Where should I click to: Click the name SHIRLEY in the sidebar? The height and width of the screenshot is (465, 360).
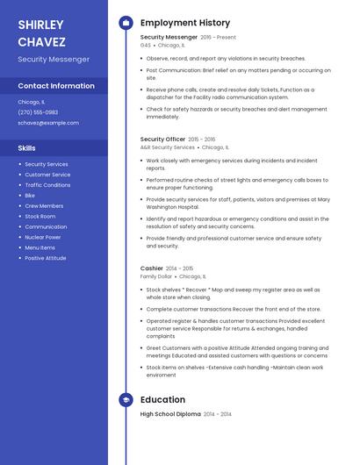[x=40, y=25]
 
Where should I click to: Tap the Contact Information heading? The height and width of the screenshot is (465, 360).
[x=56, y=86]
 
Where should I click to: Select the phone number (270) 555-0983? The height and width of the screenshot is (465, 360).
[x=38, y=112]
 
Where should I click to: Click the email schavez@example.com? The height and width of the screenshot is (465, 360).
[x=48, y=123]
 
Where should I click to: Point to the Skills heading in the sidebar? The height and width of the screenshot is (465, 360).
[x=27, y=148]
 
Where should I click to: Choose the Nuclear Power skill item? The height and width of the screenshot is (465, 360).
[x=43, y=237]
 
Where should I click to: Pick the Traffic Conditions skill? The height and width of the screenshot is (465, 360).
[x=47, y=185]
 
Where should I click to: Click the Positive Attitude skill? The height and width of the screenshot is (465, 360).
[x=46, y=258]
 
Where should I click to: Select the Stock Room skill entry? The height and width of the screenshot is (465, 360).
[x=40, y=216]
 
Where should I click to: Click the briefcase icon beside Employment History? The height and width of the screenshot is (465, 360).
[x=126, y=23]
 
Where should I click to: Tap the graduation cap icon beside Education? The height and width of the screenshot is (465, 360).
[x=126, y=400]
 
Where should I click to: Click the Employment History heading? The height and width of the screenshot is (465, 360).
[x=185, y=23]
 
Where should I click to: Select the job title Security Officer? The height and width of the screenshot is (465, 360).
[x=162, y=139]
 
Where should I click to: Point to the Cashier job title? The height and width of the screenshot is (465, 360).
[x=152, y=268]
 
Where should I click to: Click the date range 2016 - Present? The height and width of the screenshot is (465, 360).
[x=219, y=38]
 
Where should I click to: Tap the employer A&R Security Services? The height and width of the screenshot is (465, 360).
[x=168, y=147]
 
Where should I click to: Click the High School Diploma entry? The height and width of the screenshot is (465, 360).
[x=170, y=413]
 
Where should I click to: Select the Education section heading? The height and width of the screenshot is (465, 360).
[x=162, y=400]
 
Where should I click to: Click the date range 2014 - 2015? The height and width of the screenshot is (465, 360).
[x=180, y=268]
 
